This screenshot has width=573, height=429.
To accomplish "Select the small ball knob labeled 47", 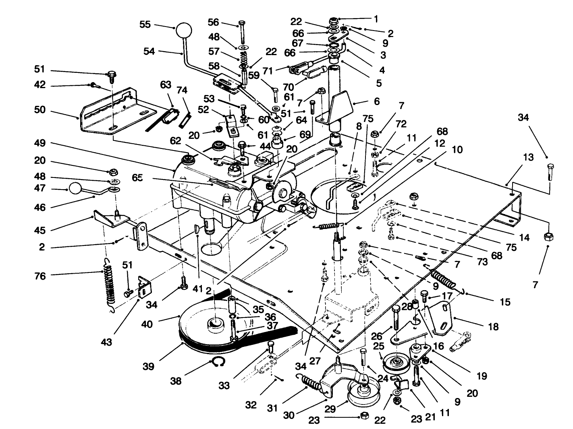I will (x=75, y=188).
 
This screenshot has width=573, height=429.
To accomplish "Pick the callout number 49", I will (x=39, y=143).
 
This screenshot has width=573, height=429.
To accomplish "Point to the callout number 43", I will (x=106, y=342).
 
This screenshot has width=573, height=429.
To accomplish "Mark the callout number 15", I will (x=504, y=301).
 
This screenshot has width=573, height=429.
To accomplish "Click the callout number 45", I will (x=39, y=230).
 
